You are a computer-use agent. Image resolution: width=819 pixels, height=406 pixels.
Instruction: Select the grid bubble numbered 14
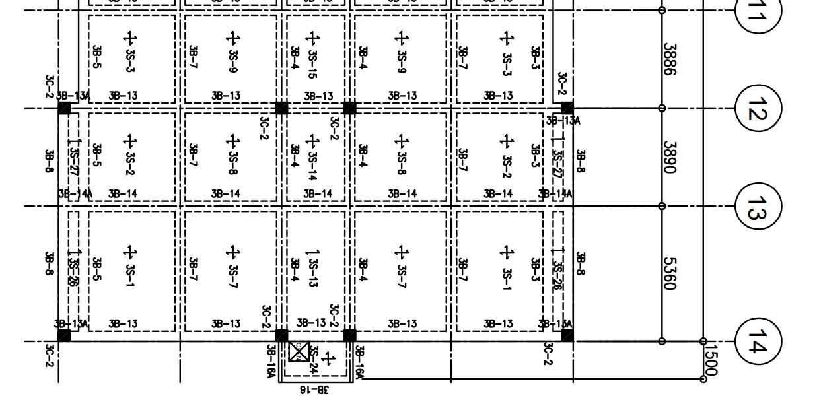[758, 341]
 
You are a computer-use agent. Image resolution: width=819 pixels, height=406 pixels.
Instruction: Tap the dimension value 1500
[712, 360]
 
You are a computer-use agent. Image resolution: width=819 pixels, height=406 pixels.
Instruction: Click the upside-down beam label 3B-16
[313, 390]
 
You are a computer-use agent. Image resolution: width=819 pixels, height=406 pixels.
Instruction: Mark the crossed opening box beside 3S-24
[299, 351]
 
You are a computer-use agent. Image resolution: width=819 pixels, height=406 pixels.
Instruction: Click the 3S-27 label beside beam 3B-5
[73, 159]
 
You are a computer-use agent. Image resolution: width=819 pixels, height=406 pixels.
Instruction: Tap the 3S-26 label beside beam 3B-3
[559, 271]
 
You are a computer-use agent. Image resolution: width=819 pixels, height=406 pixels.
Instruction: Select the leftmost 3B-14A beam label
[75, 194]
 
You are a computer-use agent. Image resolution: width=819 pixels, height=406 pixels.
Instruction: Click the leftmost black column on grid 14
[64, 336]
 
